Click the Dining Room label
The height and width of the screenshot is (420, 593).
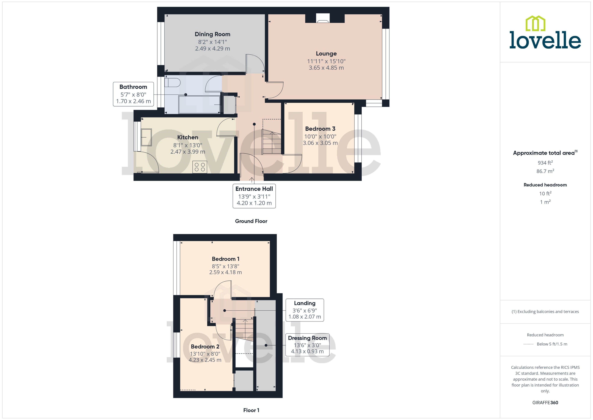click(212, 34)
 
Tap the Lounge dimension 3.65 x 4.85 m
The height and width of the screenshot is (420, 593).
click(326, 68)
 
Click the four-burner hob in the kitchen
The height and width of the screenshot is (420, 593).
click(199, 167)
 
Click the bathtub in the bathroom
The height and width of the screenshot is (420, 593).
click(199, 104)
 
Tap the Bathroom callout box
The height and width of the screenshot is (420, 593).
click(133, 94)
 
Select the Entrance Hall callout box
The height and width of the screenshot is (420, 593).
click(254, 196)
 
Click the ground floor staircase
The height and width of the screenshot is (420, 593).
click(272, 143)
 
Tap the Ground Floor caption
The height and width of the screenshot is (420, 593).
click(251, 221)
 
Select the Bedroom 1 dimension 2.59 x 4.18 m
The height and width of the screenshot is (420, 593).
click(225, 272)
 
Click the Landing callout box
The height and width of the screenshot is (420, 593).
click(305, 310)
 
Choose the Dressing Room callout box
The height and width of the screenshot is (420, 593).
click(307, 345)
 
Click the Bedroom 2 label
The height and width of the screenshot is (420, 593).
click(205, 347)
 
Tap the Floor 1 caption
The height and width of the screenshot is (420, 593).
click(251, 410)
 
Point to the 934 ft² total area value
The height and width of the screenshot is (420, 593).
click(545, 163)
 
